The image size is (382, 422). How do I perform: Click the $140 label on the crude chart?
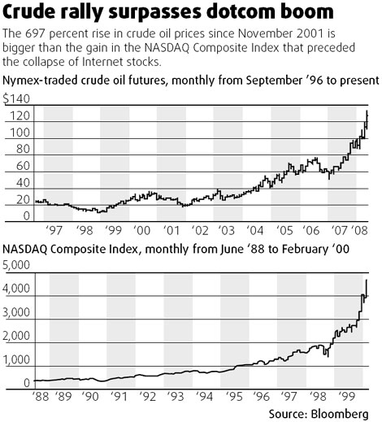[16, 98]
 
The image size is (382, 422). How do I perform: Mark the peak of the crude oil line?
[367, 111]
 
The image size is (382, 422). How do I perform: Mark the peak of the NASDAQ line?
[367, 280]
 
